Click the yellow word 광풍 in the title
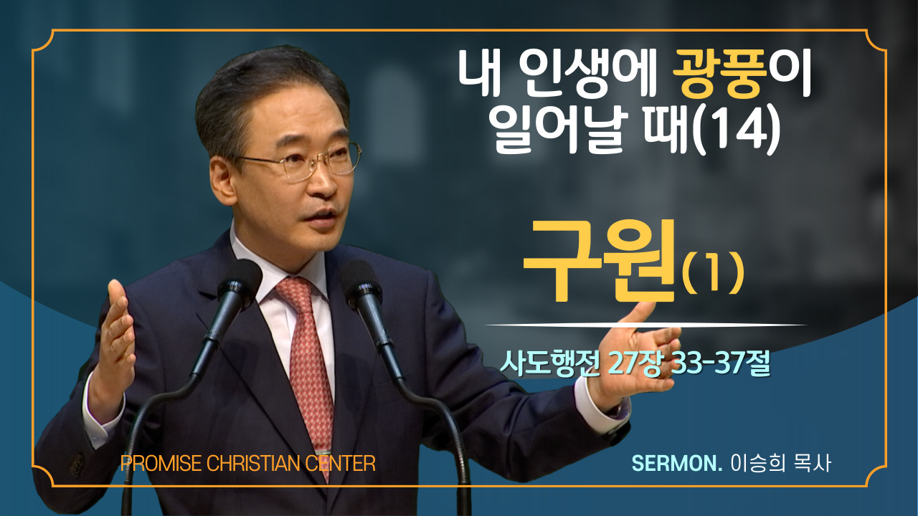719,74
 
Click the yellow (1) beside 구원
712,273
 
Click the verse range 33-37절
721,363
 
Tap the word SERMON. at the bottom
676,463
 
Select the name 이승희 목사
781,463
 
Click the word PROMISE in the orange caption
161,463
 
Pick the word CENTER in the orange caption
340,463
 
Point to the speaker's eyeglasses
299,162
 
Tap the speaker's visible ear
224,180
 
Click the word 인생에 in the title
585,74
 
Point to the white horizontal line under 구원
645,325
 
